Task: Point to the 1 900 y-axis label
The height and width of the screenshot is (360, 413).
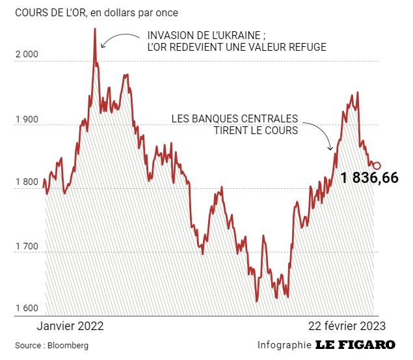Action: (27, 118)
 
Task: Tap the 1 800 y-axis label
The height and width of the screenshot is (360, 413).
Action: (27, 182)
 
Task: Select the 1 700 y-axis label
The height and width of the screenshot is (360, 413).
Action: (27, 246)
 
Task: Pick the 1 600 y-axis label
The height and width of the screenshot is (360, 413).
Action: (27, 309)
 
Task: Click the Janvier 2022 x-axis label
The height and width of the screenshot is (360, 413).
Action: (70, 326)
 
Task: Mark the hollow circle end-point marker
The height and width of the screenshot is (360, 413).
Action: (377, 166)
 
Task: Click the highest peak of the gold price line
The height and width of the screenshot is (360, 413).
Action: (95, 29)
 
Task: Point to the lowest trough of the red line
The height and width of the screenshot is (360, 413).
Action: (257, 301)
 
